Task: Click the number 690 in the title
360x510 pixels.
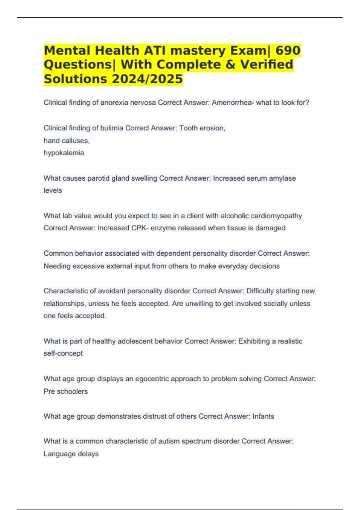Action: [288, 50]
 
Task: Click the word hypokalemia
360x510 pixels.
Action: [64, 153]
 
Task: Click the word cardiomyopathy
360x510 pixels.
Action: [276, 216]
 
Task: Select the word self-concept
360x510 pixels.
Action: [63, 353]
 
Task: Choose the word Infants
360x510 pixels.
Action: [263, 416]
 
